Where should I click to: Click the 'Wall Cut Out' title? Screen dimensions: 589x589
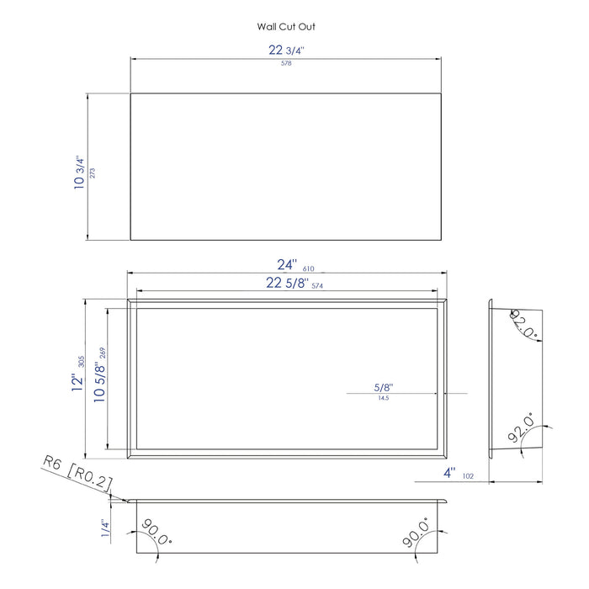pos(286,27)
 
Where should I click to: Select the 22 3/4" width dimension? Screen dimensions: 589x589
pos(286,50)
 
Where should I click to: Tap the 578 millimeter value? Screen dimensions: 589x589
pos(286,63)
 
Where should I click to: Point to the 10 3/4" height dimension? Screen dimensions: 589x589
pos(79,172)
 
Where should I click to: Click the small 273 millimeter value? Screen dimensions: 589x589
pos(93,172)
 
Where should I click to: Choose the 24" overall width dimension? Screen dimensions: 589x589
pos(287,264)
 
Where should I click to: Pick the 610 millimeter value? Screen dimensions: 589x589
pos(309,268)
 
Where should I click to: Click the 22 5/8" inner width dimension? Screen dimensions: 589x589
pos(287,283)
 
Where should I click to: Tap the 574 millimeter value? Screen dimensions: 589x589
pos(317,286)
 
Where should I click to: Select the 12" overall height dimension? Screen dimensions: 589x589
pos(77,382)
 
